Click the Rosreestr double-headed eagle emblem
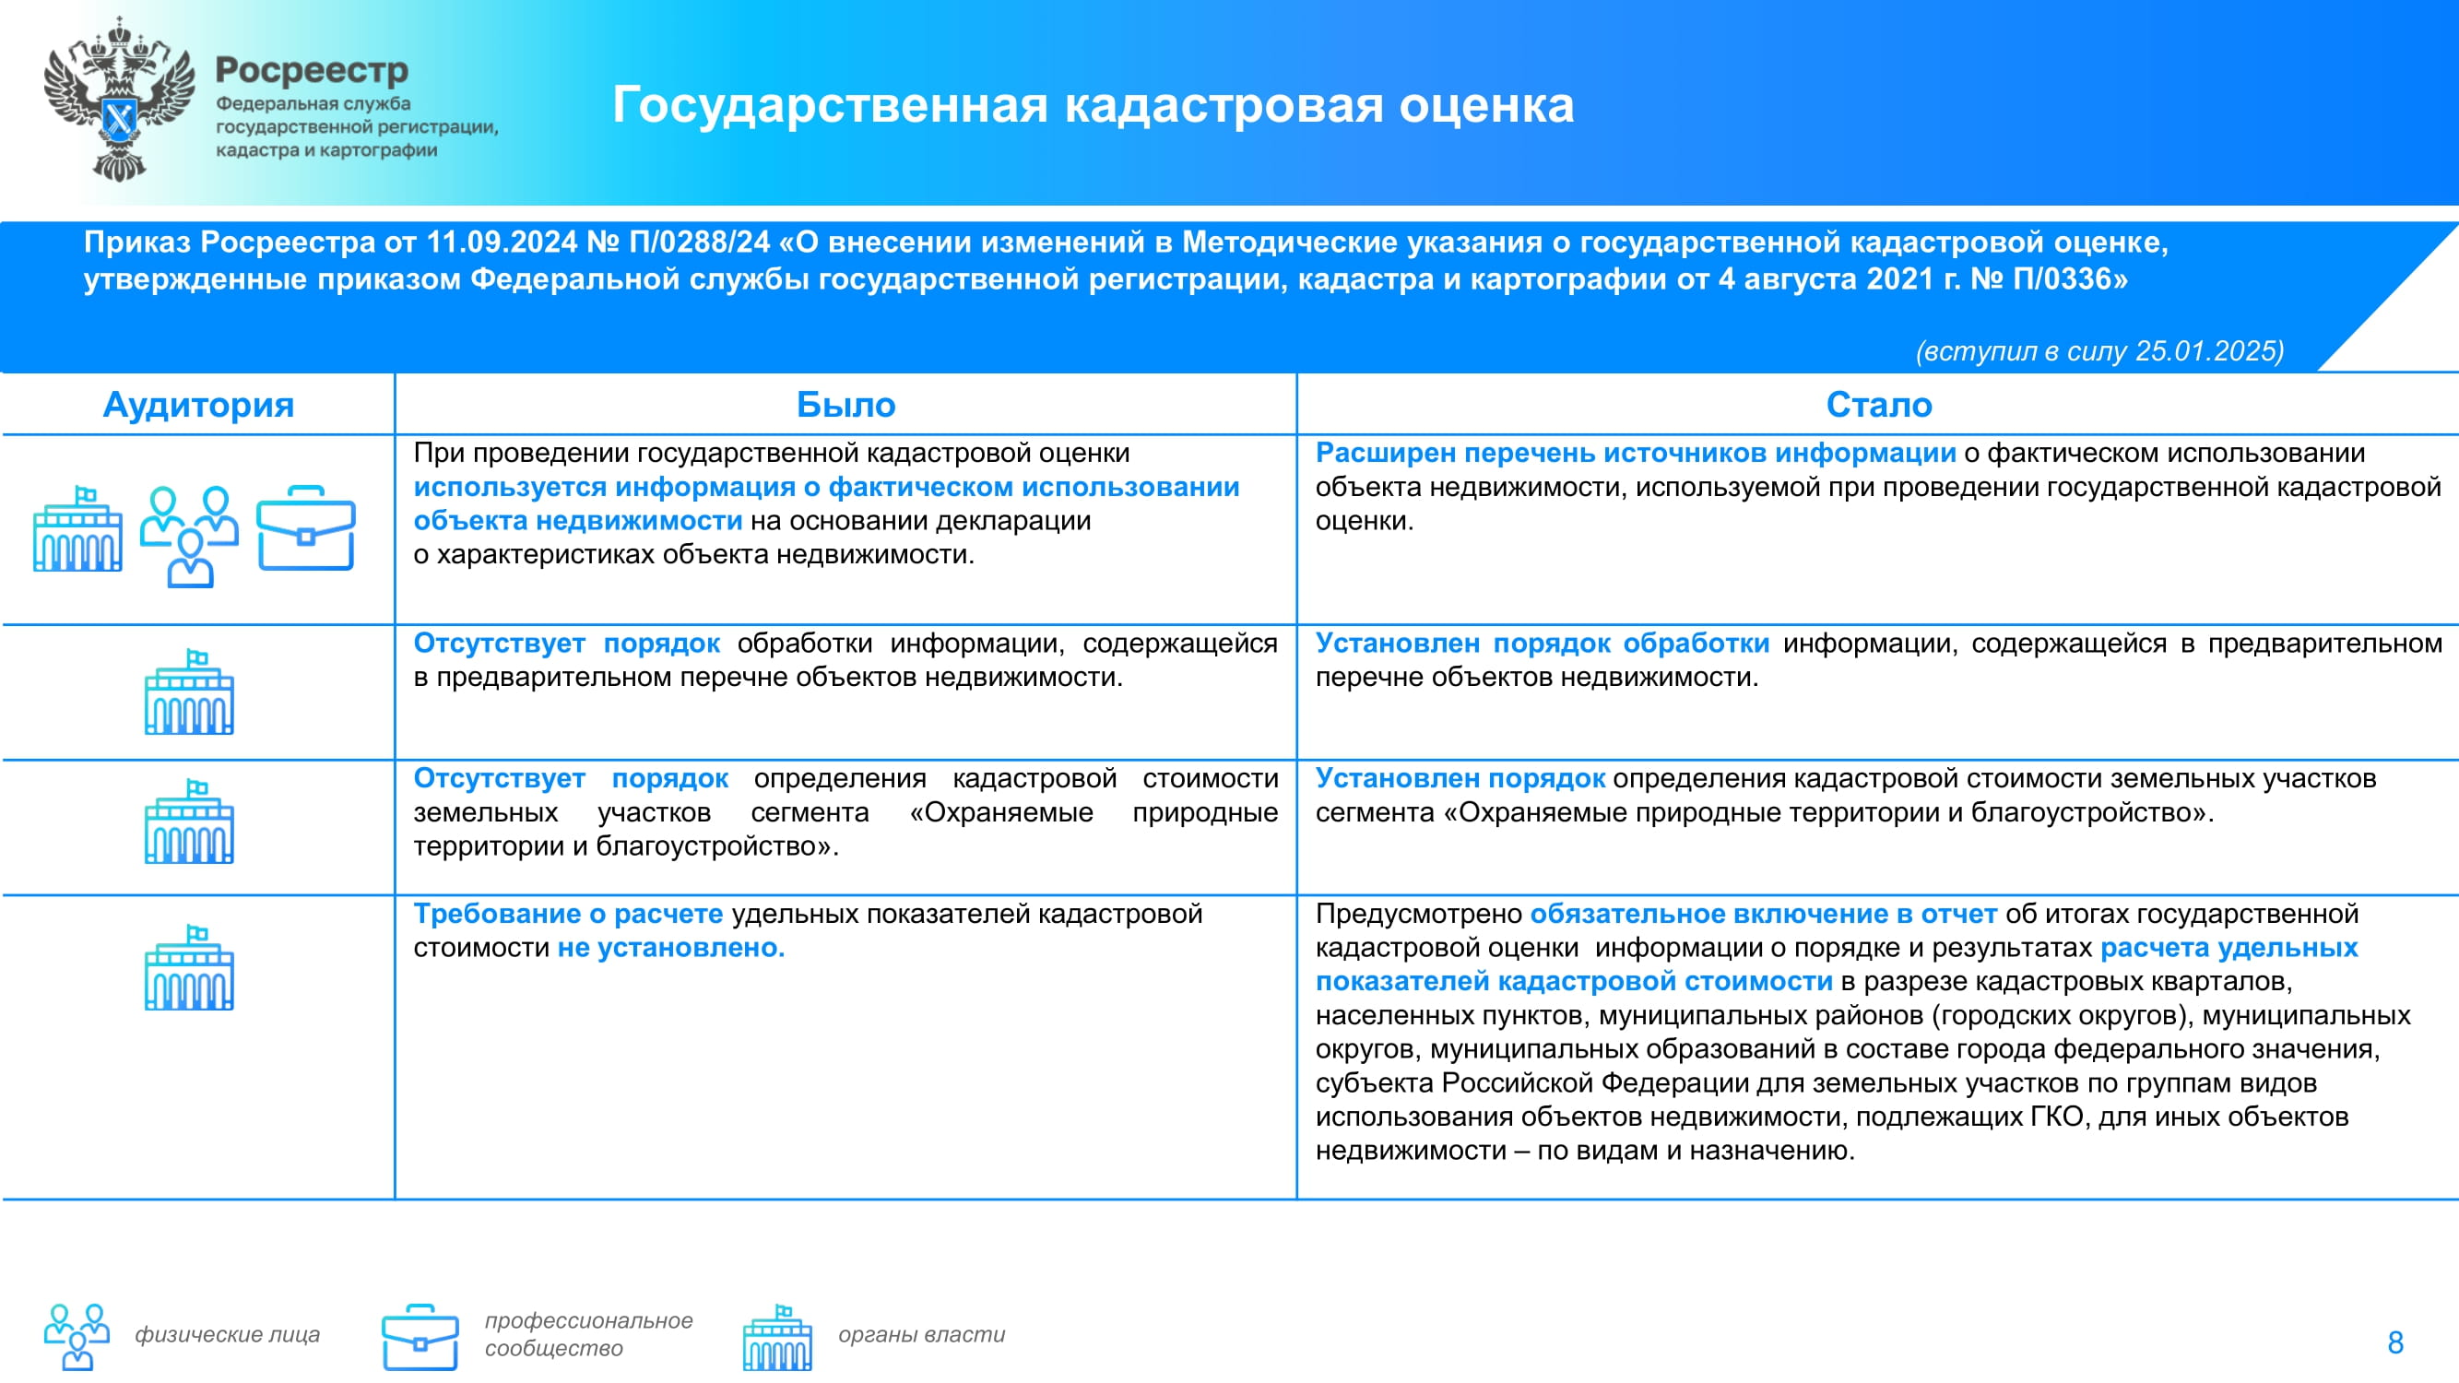coord(118,100)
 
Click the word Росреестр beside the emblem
coord(313,71)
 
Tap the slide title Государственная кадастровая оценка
coord(1093,104)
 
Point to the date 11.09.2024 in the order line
coord(502,242)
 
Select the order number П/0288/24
coord(700,242)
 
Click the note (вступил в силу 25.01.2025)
coord(2100,350)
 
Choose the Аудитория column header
coord(198,405)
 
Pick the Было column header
coord(845,405)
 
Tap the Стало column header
coord(1879,405)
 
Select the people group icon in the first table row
coord(190,536)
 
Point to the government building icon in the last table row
coord(189,968)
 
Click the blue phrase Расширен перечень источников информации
coord(1636,454)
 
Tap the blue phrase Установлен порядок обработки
coord(1542,644)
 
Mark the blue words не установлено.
coord(671,948)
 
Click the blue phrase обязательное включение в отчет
coord(1763,915)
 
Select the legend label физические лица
coord(227,1334)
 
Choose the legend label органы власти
coord(921,1334)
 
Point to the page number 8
coord(2395,1343)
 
